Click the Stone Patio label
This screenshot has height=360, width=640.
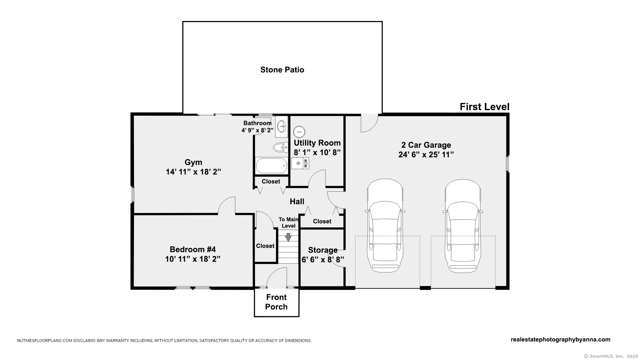pos(282,70)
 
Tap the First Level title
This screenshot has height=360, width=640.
pos(484,107)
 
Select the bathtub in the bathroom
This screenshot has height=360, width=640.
pos(272,166)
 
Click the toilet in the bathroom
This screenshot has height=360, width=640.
pos(280,147)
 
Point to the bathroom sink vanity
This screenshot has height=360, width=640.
pos(282,127)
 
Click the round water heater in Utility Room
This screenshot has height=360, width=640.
pos(299,132)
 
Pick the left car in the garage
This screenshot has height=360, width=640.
pos(385,226)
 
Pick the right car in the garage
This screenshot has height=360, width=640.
pos(463,226)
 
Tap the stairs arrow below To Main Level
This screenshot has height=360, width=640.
pos(288,237)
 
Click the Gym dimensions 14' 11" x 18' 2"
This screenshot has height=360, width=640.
pos(193,172)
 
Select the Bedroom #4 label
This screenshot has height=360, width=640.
pos(193,249)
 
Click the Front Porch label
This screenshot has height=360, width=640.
pos(276,302)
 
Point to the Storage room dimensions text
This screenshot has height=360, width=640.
pos(323,260)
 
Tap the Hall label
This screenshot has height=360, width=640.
pos(297,201)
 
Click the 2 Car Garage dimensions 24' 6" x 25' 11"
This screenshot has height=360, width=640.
pos(426,155)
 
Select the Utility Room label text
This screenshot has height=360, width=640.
pos(317,143)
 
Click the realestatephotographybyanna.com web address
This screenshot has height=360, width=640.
pos(560,340)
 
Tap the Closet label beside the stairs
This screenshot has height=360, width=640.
pos(265,246)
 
